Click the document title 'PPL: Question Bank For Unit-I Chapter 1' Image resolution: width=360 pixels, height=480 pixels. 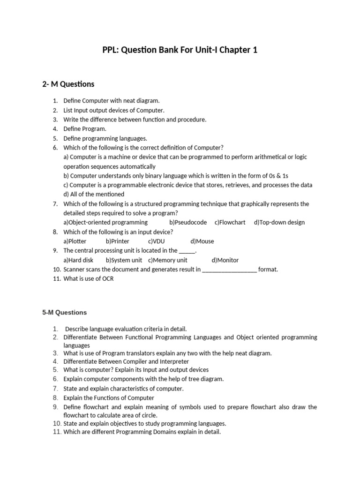(180, 50)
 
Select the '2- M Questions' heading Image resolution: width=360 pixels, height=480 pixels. (68, 84)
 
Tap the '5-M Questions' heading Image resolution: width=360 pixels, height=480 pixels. (65, 312)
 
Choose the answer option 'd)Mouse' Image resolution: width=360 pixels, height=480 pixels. (202, 241)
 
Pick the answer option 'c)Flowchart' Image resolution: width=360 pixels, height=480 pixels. (230, 222)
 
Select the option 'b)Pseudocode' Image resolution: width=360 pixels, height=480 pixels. (188, 222)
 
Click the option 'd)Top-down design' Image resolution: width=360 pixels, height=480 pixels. (279, 222)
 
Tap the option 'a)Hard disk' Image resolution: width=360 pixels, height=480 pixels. (78, 260)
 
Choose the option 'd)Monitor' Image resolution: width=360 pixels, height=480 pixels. (225, 260)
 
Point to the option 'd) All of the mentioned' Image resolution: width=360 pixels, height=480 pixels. (94, 194)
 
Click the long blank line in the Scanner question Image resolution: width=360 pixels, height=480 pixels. (229, 270)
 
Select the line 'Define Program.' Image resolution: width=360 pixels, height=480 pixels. (85, 128)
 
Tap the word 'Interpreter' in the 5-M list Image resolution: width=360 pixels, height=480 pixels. (172, 361)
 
